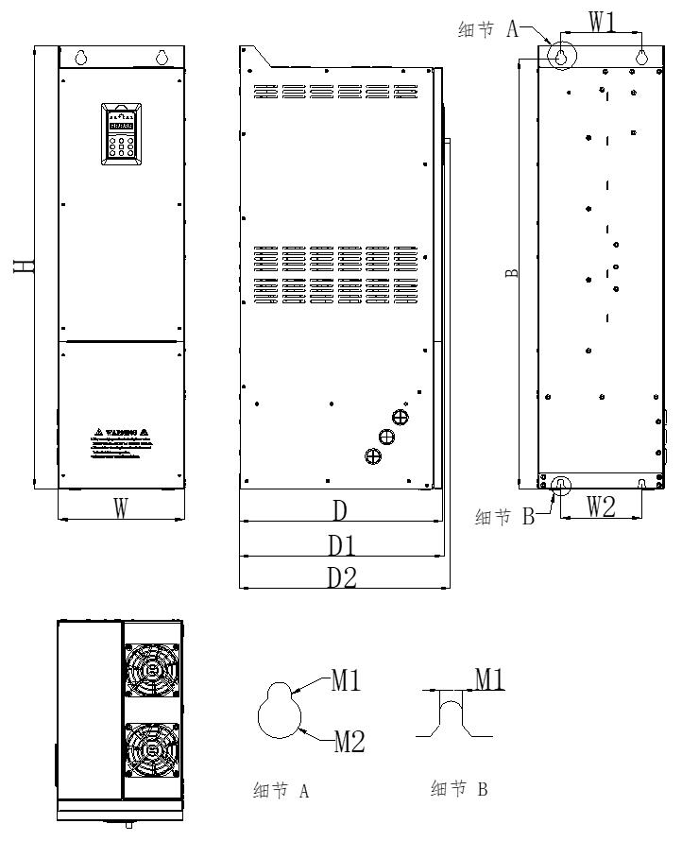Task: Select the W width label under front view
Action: tap(120, 508)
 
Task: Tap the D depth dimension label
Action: tap(340, 510)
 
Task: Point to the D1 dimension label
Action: tap(342, 545)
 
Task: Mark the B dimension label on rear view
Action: tap(511, 272)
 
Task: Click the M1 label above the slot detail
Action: tap(487, 678)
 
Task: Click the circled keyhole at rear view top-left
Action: tap(560, 56)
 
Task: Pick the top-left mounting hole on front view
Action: tap(81, 58)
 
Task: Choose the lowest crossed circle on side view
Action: tap(373, 456)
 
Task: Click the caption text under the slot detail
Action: tap(459, 790)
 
